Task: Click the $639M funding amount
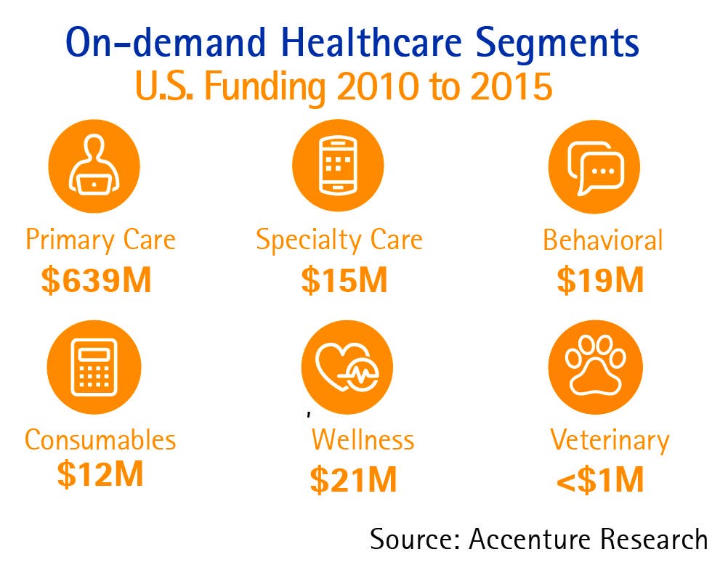click(x=96, y=280)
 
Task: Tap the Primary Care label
click(x=100, y=240)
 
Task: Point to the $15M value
click(x=344, y=280)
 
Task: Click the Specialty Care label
click(x=339, y=240)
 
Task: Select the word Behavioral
click(x=602, y=240)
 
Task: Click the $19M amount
click(x=600, y=280)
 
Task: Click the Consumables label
click(x=100, y=440)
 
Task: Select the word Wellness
click(x=363, y=440)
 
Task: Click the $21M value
click(x=354, y=480)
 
